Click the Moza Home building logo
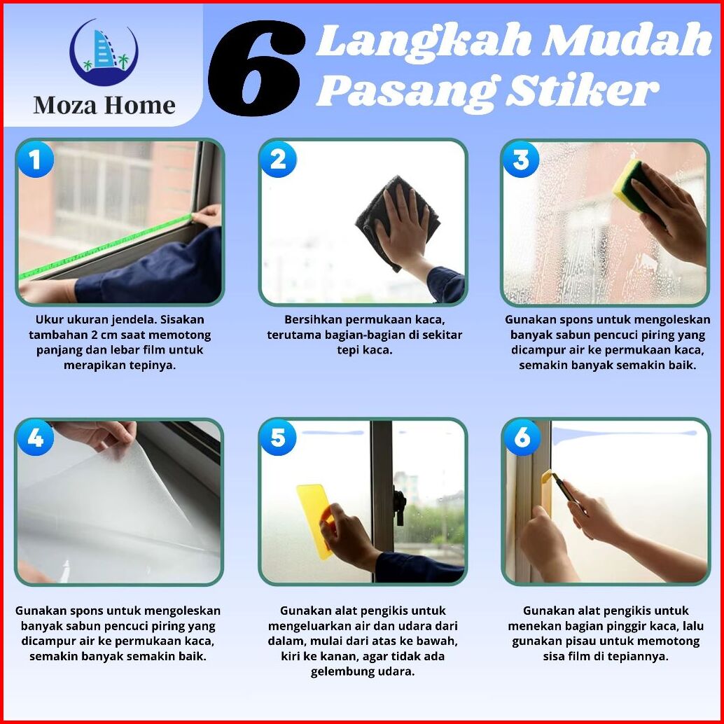click(x=104, y=52)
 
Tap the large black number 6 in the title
click(x=257, y=67)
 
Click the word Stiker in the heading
click(x=583, y=90)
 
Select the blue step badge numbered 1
click(x=35, y=160)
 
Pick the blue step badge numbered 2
click(x=278, y=160)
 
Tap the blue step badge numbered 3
click(x=521, y=160)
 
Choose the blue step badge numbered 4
click(x=35, y=438)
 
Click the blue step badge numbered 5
click(x=278, y=438)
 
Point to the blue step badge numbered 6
click(x=522, y=438)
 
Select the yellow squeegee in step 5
click(x=316, y=520)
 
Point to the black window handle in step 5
click(x=400, y=506)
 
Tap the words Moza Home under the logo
click(x=104, y=106)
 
